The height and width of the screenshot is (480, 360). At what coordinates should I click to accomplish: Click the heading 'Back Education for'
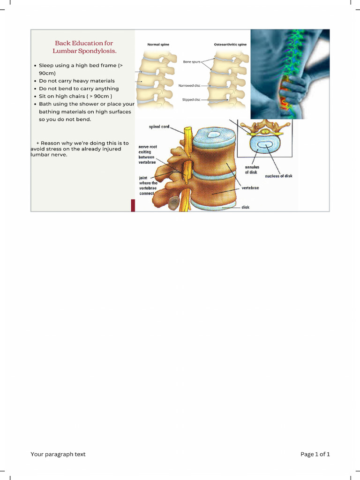(84, 43)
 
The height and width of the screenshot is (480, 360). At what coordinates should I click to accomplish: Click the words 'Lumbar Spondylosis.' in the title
(84, 51)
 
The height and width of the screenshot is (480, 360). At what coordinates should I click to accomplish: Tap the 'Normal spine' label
(158, 45)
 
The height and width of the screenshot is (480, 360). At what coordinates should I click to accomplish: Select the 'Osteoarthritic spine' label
(230, 45)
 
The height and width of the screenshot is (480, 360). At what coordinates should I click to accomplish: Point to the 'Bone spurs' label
(191, 61)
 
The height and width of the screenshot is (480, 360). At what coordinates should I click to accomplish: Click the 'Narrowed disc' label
(189, 85)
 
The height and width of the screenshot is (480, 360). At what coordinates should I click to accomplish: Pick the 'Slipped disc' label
(191, 99)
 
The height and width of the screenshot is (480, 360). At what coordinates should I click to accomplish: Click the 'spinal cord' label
(159, 127)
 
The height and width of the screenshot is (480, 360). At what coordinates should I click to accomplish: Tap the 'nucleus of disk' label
(278, 176)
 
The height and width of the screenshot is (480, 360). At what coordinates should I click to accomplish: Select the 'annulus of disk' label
(252, 169)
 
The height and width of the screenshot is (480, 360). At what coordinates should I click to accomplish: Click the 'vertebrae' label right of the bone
(250, 188)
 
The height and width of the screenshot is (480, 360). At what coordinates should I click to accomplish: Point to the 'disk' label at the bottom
(245, 207)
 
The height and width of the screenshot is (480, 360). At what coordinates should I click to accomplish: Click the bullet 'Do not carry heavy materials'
(76, 81)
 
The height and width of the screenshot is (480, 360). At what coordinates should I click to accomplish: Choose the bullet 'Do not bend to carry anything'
(79, 88)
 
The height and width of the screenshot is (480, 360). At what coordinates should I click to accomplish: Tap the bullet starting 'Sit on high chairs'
(75, 96)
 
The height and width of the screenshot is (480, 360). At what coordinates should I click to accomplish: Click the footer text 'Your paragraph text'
(58, 454)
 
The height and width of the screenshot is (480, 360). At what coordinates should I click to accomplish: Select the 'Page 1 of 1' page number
(315, 454)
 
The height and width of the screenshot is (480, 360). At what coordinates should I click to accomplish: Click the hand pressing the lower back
(293, 89)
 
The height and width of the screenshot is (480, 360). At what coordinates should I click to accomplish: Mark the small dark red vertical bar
(133, 205)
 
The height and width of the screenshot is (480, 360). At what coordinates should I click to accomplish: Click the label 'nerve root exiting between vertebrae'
(148, 154)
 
